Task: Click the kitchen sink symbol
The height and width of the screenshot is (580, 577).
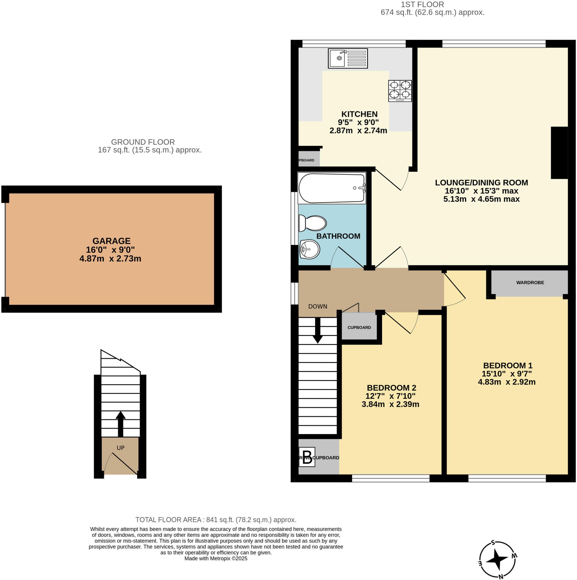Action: [347, 58]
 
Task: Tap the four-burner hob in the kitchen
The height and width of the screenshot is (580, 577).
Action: [400, 91]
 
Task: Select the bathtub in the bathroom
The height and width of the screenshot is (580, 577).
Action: [332, 188]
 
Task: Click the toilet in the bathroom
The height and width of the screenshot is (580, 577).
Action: [313, 223]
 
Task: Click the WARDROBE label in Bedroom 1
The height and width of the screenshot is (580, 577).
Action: [530, 282]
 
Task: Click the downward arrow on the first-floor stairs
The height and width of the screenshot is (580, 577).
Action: [317, 330]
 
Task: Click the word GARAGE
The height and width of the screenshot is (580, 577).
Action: [111, 241]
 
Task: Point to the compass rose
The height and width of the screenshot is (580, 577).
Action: [498, 560]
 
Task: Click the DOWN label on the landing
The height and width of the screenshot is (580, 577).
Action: [317, 306]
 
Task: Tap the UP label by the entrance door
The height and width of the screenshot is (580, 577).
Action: [120, 448]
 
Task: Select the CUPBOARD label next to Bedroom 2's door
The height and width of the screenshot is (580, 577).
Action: [359, 328]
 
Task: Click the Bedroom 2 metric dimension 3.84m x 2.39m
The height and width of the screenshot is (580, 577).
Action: [390, 404]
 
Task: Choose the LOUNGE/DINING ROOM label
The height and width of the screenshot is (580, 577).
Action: [481, 183]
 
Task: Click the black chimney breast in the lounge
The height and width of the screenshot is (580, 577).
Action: [559, 153]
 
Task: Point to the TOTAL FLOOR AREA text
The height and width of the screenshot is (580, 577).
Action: [216, 520]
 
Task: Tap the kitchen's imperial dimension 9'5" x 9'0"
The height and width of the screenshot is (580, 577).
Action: [358, 122]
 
